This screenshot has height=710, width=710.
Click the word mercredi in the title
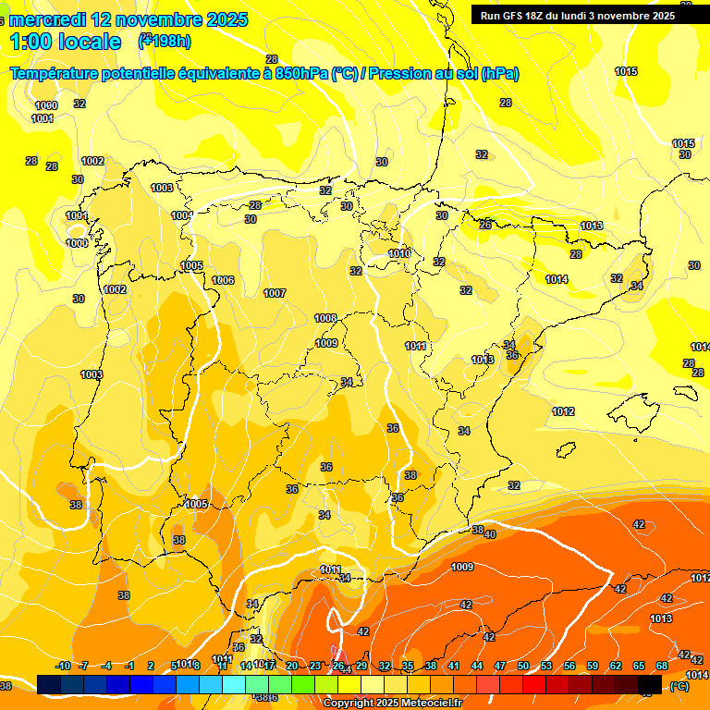(50, 18)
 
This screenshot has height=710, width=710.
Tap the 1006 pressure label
(223, 280)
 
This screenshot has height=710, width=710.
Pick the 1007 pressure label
(275, 293)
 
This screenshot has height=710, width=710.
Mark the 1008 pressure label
(325, 318)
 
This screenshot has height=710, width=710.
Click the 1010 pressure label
(399, 253)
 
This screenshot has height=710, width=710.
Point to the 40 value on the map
(490, 534)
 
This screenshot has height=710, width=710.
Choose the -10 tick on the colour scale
(63, 666)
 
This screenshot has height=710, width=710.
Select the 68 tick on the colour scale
(662, 666)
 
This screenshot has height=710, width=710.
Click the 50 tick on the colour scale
(523, 666)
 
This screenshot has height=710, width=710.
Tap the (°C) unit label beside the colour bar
(679, 685)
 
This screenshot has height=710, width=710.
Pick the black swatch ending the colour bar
(650, 684)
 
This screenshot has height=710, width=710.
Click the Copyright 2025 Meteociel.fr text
(392, 703)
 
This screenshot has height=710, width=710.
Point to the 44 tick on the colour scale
(477, 666)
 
